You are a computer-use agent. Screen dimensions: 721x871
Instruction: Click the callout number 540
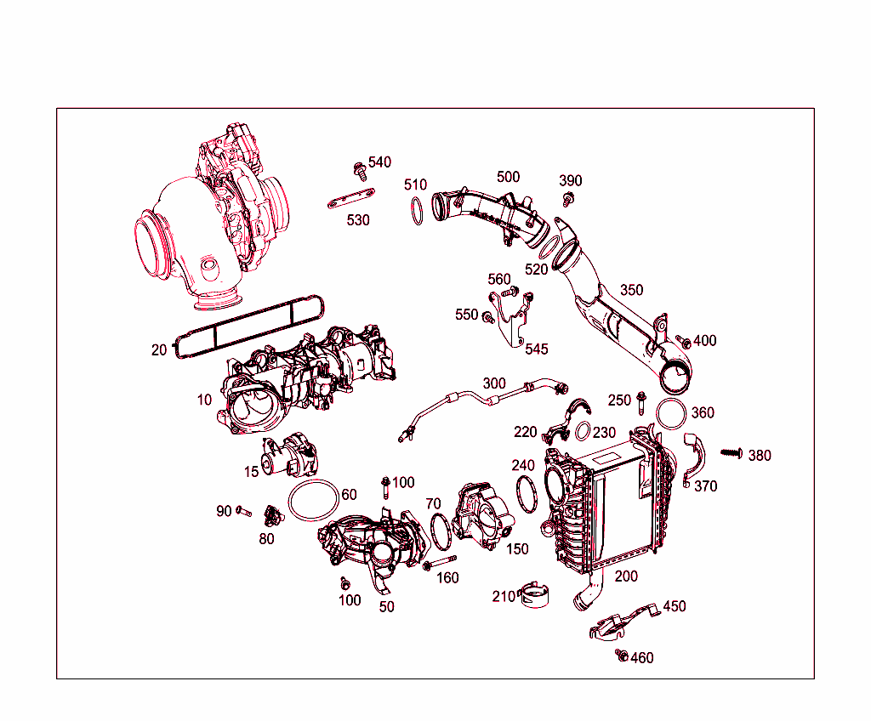pos(379,162)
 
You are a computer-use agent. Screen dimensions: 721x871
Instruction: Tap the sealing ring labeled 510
pos(417,211)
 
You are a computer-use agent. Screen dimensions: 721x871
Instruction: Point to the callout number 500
pos(508,177)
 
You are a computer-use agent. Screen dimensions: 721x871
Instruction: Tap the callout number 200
pos(626,576)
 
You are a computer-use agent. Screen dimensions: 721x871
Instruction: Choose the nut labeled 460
pos(622,656)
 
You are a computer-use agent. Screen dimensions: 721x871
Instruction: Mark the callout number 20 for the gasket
pos(159,349)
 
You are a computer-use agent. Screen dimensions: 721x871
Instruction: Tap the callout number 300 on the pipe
pos(494,383)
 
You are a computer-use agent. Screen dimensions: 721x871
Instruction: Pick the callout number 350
pos(631,289)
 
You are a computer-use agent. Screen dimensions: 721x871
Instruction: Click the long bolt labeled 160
pos(437,564)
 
